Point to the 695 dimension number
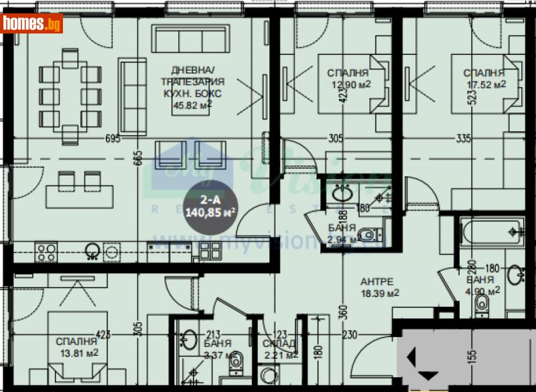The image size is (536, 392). point(113,139)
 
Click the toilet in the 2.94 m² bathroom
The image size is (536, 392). point(367,234)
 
